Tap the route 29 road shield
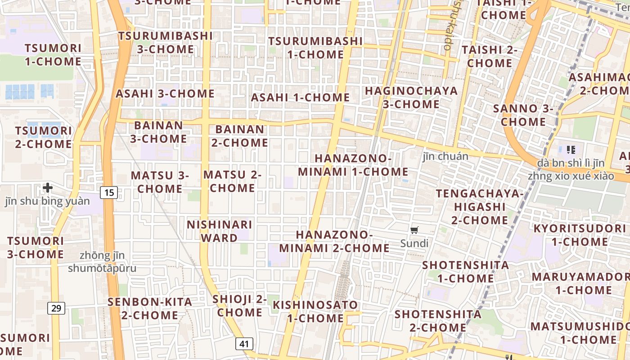[x=56, y=308]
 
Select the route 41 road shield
[x=244, y=344]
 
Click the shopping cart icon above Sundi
[x=414, y=230]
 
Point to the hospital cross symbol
[x=48, y=187]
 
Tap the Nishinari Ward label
[x=220, y=231]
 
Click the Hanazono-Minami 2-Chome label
[x=334, y=241]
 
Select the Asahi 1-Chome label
[x=300, y=97]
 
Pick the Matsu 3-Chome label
[x=160, y=182]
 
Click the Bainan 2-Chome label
[x=239, y=136]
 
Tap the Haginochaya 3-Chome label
[x=411, y=97]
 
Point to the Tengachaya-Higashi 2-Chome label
[x=480, y=207]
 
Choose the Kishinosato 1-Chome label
[x=315, y=311]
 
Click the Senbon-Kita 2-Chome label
[x=149, y=308]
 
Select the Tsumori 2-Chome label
[x=43, y=137]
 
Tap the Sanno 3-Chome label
[x=523, y=115]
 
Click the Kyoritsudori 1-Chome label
[x=580, y=234]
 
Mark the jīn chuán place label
[x=445, y=156]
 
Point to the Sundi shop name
[x=414, y=243]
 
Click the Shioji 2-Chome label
[x=239, y=306]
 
